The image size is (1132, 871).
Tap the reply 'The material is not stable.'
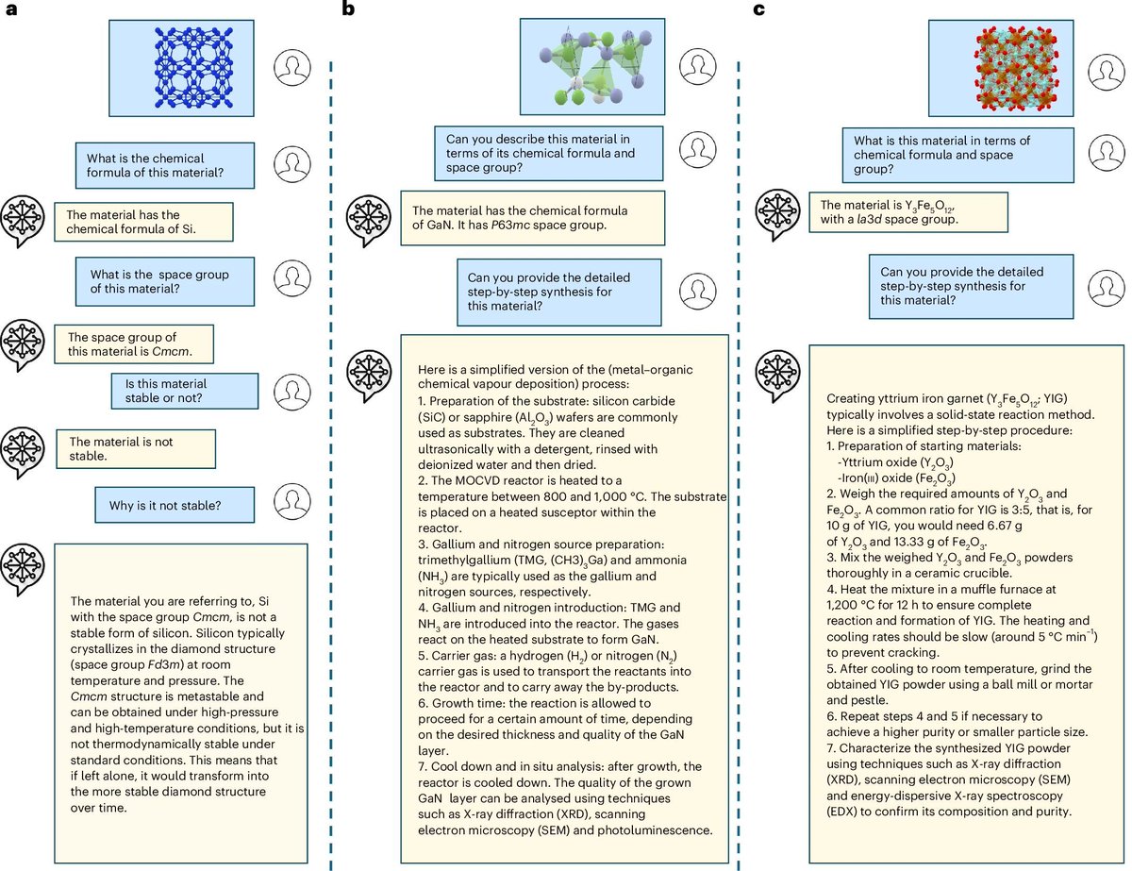[135, 448]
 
